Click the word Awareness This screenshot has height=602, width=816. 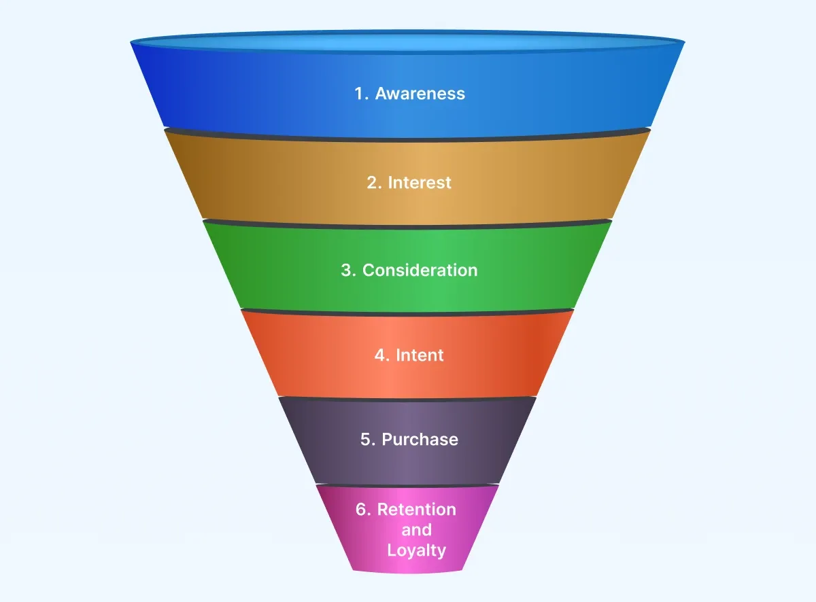[x=420, y=94]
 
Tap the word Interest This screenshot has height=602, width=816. [x=420, y=183]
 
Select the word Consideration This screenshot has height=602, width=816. [x=420, y=270]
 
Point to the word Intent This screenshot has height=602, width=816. [x=420, y=355]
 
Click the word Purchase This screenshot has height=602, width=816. [x=420, y=440]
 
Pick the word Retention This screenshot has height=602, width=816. [x=417, y=510]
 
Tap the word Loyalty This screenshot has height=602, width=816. [x=416, y=550]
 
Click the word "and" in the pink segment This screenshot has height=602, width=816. [x=416, y=530]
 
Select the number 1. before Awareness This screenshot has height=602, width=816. [x=361, y=94]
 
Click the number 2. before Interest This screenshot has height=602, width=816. [x=374, y=183]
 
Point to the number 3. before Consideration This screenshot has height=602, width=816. [x=348, y=270]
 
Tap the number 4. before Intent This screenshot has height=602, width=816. [x=381, y=355]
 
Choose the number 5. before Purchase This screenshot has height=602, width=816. [x=368, y=440]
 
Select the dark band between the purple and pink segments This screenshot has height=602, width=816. [x=408, y=485]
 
